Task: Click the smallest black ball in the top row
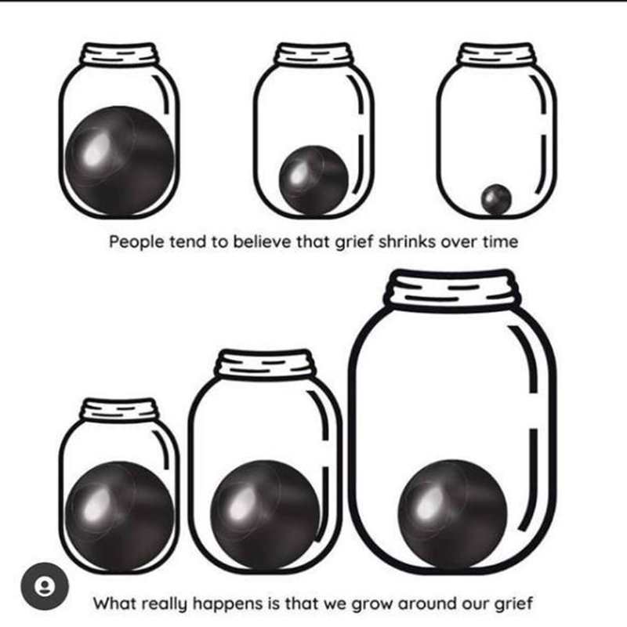[496, 199]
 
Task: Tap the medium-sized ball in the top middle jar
[314, 180]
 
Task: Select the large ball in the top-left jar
[120, 161]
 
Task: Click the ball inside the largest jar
[453, 514]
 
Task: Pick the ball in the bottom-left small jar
[120, 516]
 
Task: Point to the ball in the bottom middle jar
[265, 515]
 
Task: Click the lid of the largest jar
[453, 288]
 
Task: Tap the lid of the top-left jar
[120, 54]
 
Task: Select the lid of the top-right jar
[496, 54]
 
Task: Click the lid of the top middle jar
[314, 54]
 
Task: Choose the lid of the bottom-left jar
[120, 409]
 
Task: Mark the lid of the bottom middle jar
[265, 364]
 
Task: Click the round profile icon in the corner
[45, 586]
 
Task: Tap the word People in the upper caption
[136, 242]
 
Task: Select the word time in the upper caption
[500, 241]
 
